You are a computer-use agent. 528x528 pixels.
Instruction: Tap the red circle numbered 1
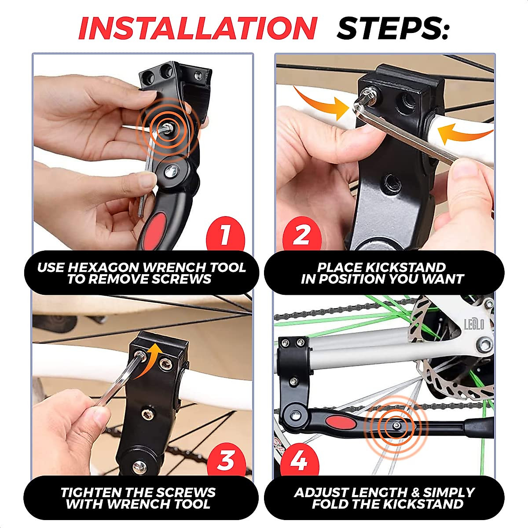click(x=225, y=235)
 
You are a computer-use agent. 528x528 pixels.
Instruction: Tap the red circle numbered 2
click(x=301, y=235)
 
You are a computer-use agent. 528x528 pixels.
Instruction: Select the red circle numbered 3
click(x=225, y=461)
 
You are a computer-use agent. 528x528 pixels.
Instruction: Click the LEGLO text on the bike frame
click(x=474, y=325)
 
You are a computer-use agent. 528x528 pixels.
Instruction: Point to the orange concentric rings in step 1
click(x=167, y=128)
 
